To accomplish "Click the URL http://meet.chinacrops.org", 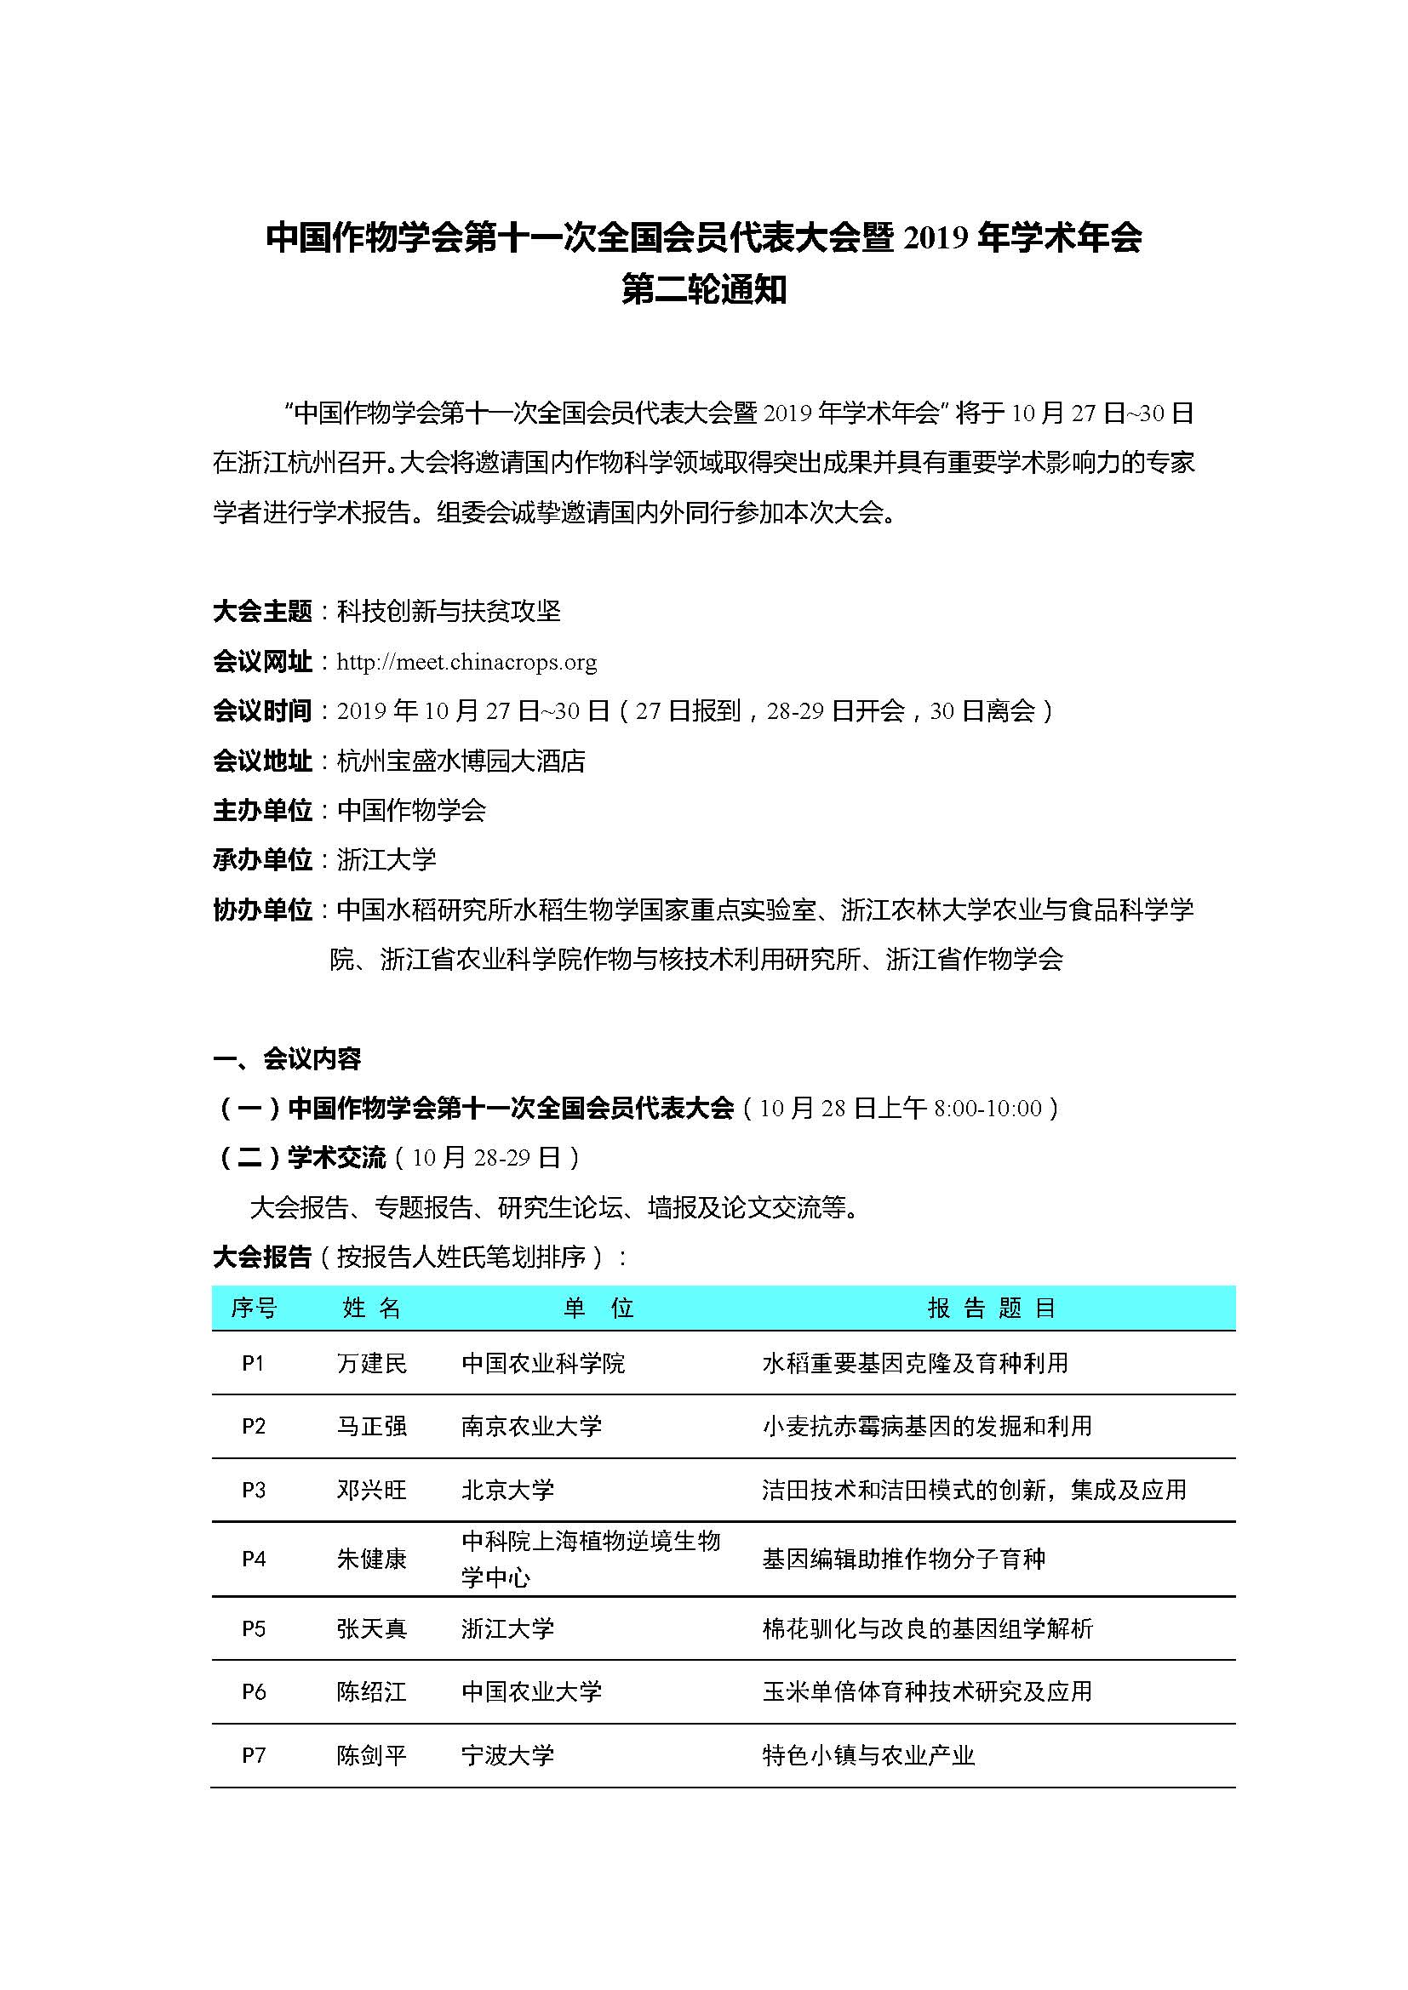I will (x=466, y=662).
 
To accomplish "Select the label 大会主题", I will (x=262, y=612).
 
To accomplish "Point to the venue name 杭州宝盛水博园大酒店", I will (x=461, y=761).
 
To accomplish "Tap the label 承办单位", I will (x=262, y=860).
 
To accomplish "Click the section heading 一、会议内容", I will (x=286, y=1058).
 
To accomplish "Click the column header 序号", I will (x=253, y=1308).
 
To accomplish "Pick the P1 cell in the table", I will (x=253, y=1363).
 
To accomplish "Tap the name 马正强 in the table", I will (x=371, y=1427).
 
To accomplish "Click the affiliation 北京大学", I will (x=507, y=1490).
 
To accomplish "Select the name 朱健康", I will (x=371, y=1559).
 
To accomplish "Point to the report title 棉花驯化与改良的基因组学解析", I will (x=927, y=1628).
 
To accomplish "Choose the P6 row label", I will (x=253, y=1692).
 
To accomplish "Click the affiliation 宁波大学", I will (x=507, y=1755).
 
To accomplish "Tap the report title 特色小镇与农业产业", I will (x=867, y=1755).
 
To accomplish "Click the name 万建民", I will (x=371, y=1363).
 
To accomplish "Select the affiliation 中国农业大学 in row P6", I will (x=530, y=1692).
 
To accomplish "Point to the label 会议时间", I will (x=262, y=711).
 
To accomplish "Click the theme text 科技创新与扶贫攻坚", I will (x=449, y=612).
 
